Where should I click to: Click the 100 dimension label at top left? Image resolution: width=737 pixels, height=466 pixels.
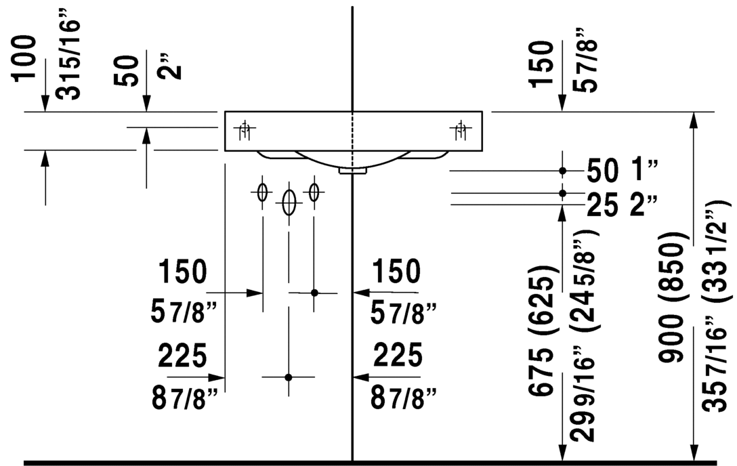(x=24, y=58)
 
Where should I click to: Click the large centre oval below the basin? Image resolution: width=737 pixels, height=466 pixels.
(x=289, y=203)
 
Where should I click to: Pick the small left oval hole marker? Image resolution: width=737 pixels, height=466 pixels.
(x=262, y=192)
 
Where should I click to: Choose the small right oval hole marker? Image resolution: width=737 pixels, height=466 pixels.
(x=314, y=192)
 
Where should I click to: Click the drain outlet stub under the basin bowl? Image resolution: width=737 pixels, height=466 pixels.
(x=352, y=171)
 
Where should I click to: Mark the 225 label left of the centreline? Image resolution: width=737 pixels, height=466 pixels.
(x=182, y=355)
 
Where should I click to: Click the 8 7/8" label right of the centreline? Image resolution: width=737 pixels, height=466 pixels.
(x=403, y=398)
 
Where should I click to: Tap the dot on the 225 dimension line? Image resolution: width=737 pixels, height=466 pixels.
(x=289, y=377)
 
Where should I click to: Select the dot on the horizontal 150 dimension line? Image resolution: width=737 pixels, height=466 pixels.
(x=314, y=293)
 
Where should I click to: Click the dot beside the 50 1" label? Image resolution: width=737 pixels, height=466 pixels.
(x=563, y=171)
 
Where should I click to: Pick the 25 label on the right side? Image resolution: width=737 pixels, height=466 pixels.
(x=602, y=205)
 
